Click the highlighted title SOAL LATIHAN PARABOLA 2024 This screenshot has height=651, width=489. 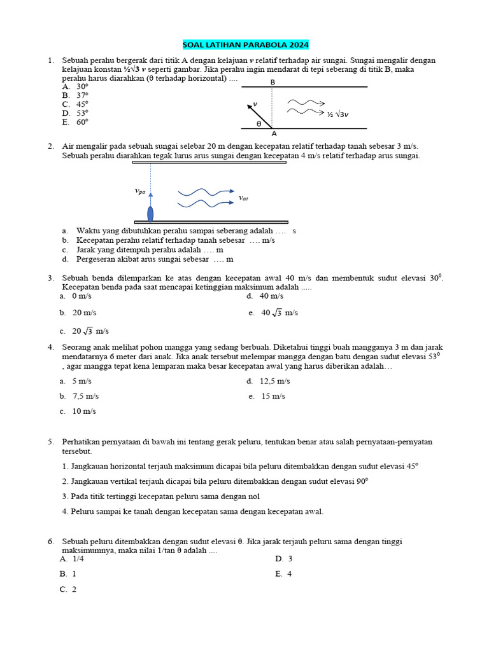[245, 45]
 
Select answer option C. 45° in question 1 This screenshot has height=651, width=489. [75, 104]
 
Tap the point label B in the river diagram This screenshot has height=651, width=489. [273, 82]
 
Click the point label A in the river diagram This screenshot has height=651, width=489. [274, 134]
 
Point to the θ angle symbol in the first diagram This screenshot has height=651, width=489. [259, 124]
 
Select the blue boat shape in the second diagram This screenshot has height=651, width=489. [150, 213]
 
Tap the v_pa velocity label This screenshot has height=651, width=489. [140, 190]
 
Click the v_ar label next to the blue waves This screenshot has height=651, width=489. [243, 198]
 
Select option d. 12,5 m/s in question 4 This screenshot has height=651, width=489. [268, 381]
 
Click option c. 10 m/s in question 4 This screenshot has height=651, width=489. [78, 411]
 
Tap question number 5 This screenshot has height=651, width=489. [51, 441]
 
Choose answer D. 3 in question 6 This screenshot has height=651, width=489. [283, 559]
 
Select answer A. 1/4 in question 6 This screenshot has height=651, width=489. [73, 559]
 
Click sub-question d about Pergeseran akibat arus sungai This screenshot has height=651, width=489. [148, 259]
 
